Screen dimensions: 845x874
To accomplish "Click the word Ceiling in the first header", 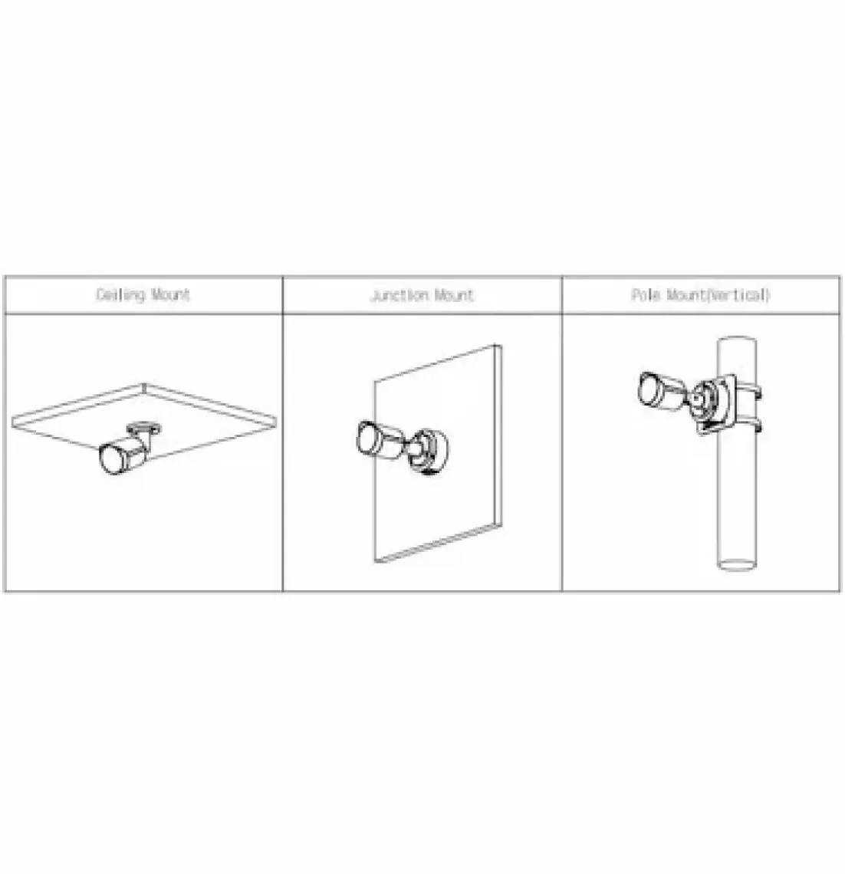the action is point(120,294).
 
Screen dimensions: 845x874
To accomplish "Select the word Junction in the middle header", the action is point(399,295).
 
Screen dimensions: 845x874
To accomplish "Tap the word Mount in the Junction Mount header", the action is point(454,294).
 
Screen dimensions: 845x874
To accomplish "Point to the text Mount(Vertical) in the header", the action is point(718,294).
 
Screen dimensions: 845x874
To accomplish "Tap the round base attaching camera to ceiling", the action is point(144,428).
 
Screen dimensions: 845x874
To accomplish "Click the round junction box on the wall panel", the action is point(429,450).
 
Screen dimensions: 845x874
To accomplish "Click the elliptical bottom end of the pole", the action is point(737,564).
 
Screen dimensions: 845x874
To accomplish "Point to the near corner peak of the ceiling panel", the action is point(144,384).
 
